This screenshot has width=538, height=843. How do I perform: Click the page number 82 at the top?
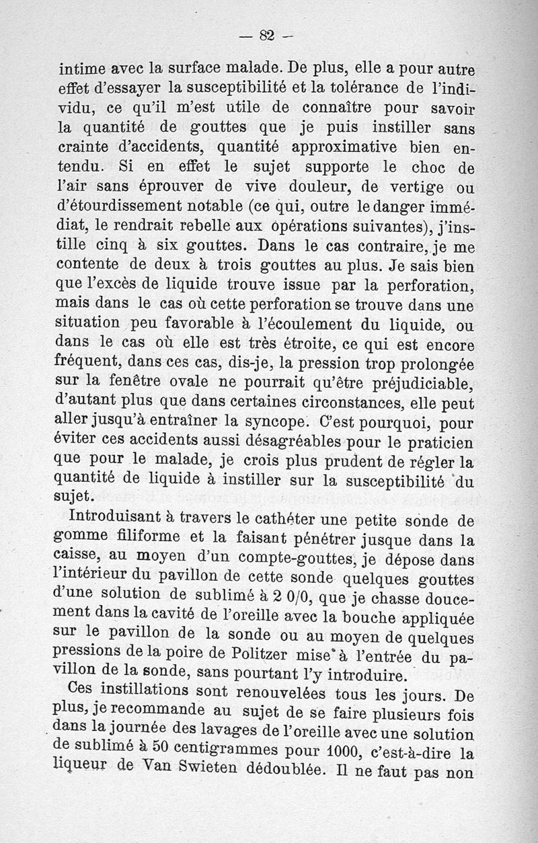pos(267,36)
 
